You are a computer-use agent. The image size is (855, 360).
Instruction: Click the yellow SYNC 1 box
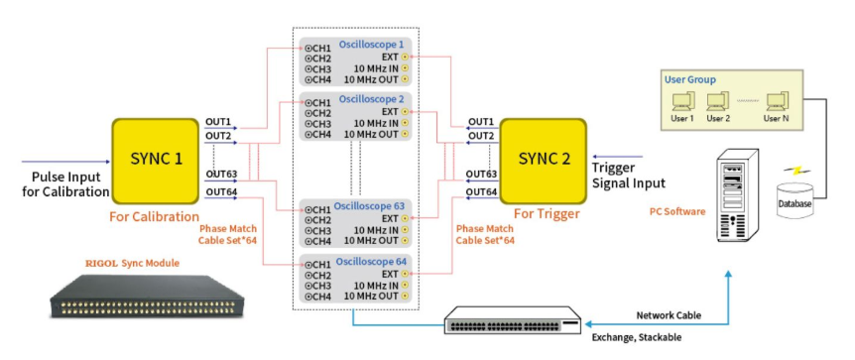[x=156, y=162]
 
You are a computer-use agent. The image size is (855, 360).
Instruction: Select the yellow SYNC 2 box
[x=544, y=162]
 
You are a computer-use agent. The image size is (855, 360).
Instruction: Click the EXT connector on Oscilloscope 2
[x=405, y=112]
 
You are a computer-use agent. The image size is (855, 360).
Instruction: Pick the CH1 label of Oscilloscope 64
[x=318, y=264]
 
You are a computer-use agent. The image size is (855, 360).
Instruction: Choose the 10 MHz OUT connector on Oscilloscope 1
[x=405, y=79]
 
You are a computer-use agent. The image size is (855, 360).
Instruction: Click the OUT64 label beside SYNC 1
[x=220, y=190]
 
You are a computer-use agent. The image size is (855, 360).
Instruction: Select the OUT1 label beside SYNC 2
[x=480, y=121]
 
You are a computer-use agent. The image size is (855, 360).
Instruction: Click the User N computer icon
[x=777, y=101]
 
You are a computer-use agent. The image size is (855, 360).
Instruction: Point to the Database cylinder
[x=794, y=200]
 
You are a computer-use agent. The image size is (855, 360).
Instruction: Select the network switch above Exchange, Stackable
[x=514, y=320]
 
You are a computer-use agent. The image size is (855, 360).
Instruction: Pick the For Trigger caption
[x=547, y=214]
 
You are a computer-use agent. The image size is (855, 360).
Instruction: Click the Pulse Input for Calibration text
[x=66, y=184]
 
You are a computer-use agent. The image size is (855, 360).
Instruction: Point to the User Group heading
[x=689, y=79]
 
